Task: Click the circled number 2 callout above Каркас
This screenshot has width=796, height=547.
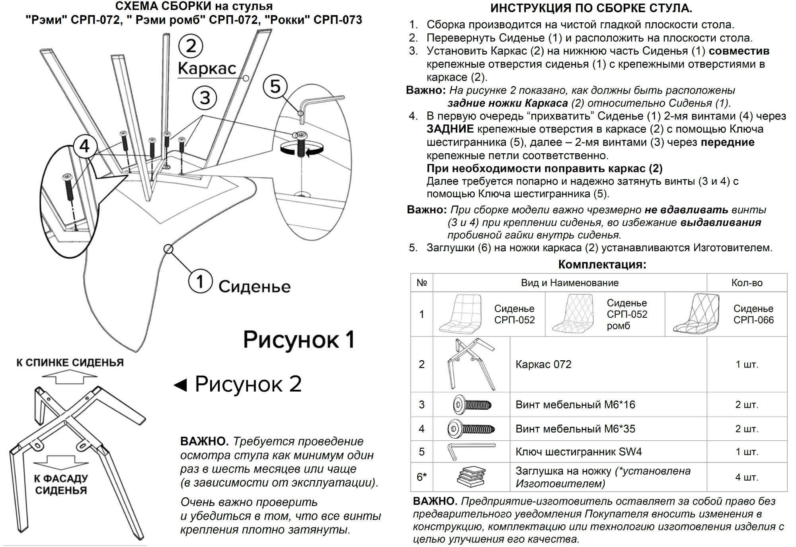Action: (191, 46)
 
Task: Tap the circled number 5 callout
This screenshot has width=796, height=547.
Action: (275, 86)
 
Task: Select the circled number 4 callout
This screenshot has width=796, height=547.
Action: (84, 146)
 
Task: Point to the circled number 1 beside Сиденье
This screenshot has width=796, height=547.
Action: (200, 281)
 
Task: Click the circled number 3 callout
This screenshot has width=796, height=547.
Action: (205, 98)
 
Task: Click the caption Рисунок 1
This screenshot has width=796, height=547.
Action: (298, 340)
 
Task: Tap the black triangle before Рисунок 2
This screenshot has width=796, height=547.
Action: (181, 385)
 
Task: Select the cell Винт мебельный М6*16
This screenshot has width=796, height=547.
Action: (575, 405)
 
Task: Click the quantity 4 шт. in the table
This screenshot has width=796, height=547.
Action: (747, 477)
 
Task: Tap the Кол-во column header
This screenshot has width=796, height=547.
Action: (747, 283)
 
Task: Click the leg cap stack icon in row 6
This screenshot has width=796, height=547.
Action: (472, 477)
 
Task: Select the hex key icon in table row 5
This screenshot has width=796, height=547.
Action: (471, 451)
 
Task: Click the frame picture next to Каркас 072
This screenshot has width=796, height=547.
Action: (471, 364)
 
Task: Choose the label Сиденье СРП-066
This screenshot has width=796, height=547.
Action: (753, 314)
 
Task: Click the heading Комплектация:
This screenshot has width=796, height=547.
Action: (602, 264)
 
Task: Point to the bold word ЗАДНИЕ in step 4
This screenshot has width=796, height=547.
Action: (450, 129)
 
